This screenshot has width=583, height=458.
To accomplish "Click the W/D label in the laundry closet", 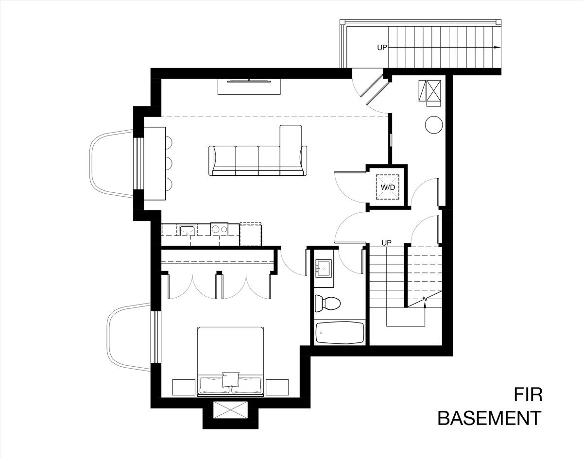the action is point(388,187).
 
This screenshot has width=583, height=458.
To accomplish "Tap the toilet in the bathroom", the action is point(327,304).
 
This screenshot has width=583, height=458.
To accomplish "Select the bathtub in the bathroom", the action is point(340,333).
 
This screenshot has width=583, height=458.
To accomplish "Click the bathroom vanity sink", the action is point(324,268).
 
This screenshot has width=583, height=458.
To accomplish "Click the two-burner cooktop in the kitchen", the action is point(219,229).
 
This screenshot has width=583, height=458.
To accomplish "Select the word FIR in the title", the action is point(528,395).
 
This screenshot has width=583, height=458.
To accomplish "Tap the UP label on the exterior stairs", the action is point(382,48).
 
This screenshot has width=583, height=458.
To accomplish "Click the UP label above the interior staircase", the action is point(386,243).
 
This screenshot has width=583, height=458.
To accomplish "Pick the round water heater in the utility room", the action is point(434,125).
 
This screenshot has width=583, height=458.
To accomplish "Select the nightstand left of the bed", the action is point(184,387).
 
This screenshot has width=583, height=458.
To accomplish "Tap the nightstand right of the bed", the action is point(277,387).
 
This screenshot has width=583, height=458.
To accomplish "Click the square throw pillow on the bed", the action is point(230,379).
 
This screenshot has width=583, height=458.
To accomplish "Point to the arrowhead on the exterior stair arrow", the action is point(497,48).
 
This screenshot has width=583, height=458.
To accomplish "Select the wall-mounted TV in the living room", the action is point(249,81).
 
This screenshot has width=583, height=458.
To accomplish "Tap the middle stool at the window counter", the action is point(169,163).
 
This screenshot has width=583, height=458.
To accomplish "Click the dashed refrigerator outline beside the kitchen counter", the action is point(251,234).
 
